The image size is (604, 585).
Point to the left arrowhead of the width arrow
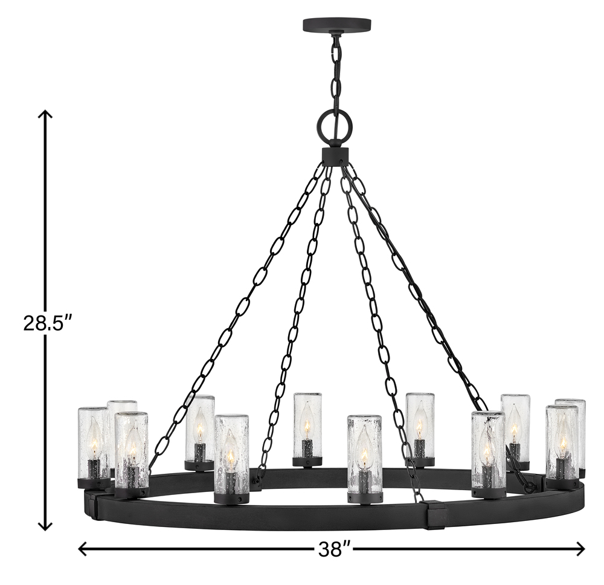(83, 548)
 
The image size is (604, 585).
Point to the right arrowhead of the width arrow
(580, 548)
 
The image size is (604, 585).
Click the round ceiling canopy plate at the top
(337, 25)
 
